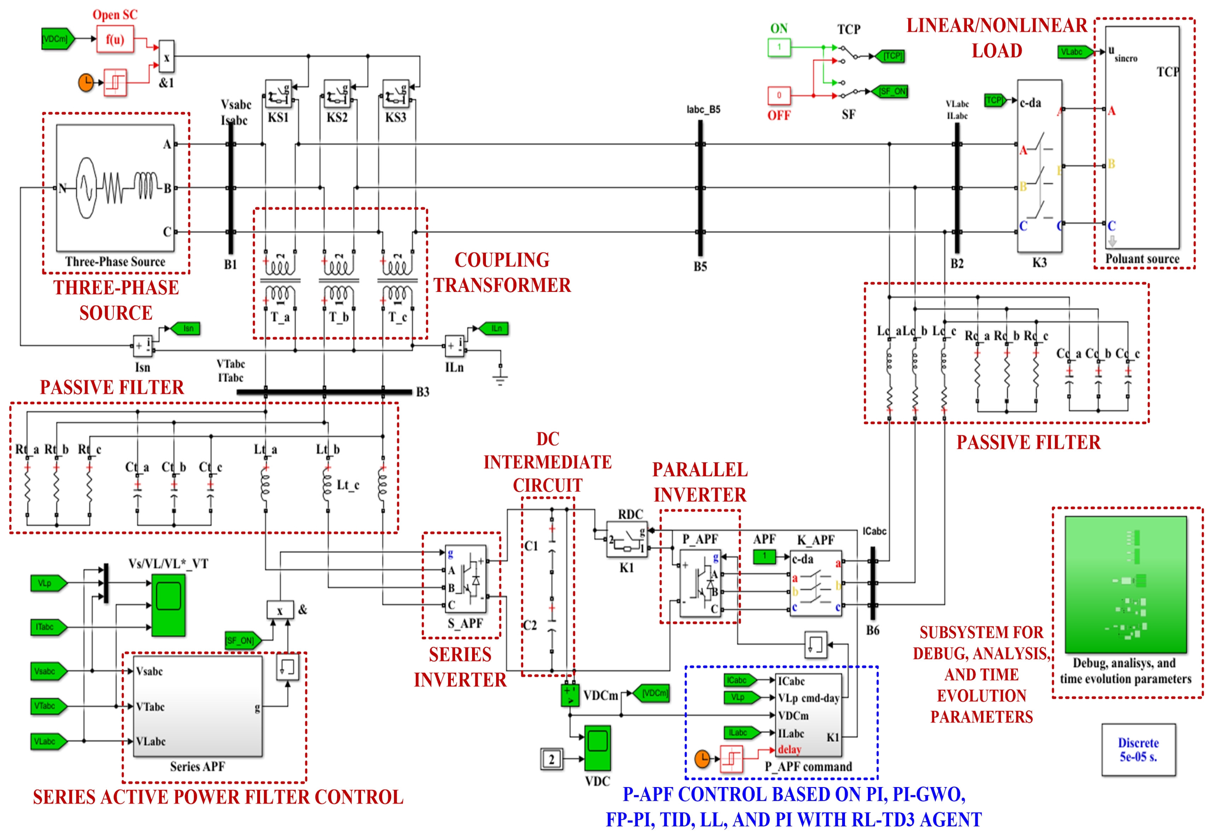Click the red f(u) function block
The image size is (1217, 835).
point(115,39)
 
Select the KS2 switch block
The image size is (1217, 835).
point(337,94)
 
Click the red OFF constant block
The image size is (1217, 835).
point(779,95)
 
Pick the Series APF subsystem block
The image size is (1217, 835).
point(197,706)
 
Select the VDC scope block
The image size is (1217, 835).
point(597,748)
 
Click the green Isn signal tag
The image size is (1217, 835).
point(186,329)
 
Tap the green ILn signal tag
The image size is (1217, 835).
point(494,329)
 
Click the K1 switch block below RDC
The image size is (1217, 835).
point(627,539)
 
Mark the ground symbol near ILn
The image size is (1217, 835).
point(500,378)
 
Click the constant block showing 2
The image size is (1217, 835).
point(552,759)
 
